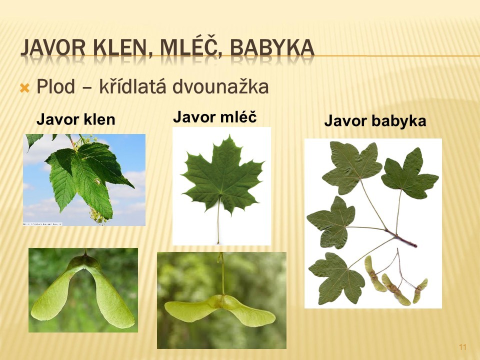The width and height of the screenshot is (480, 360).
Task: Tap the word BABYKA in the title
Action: [x=272, y=48]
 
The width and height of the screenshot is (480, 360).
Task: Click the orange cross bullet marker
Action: [x=24, y=88]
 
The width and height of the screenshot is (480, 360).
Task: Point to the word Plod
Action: [x=55, y=86]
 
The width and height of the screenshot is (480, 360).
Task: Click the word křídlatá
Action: [x=132, y=86]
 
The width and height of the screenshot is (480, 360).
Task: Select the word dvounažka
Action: [x=220, y=86]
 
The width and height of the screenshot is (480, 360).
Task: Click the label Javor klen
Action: [x=75, y=119]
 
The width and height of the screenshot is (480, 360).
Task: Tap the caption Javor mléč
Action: [x=215, y=117]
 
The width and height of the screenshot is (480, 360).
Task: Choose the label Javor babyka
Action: [x=375, y=120]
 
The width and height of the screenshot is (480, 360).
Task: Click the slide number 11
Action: [x=462, y=347]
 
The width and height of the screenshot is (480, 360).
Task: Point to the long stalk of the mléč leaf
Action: [x=218, y=220]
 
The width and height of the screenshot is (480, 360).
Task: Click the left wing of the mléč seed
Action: [x=191, y=307]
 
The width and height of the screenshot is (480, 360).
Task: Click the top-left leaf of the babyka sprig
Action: [x=352, y=167]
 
